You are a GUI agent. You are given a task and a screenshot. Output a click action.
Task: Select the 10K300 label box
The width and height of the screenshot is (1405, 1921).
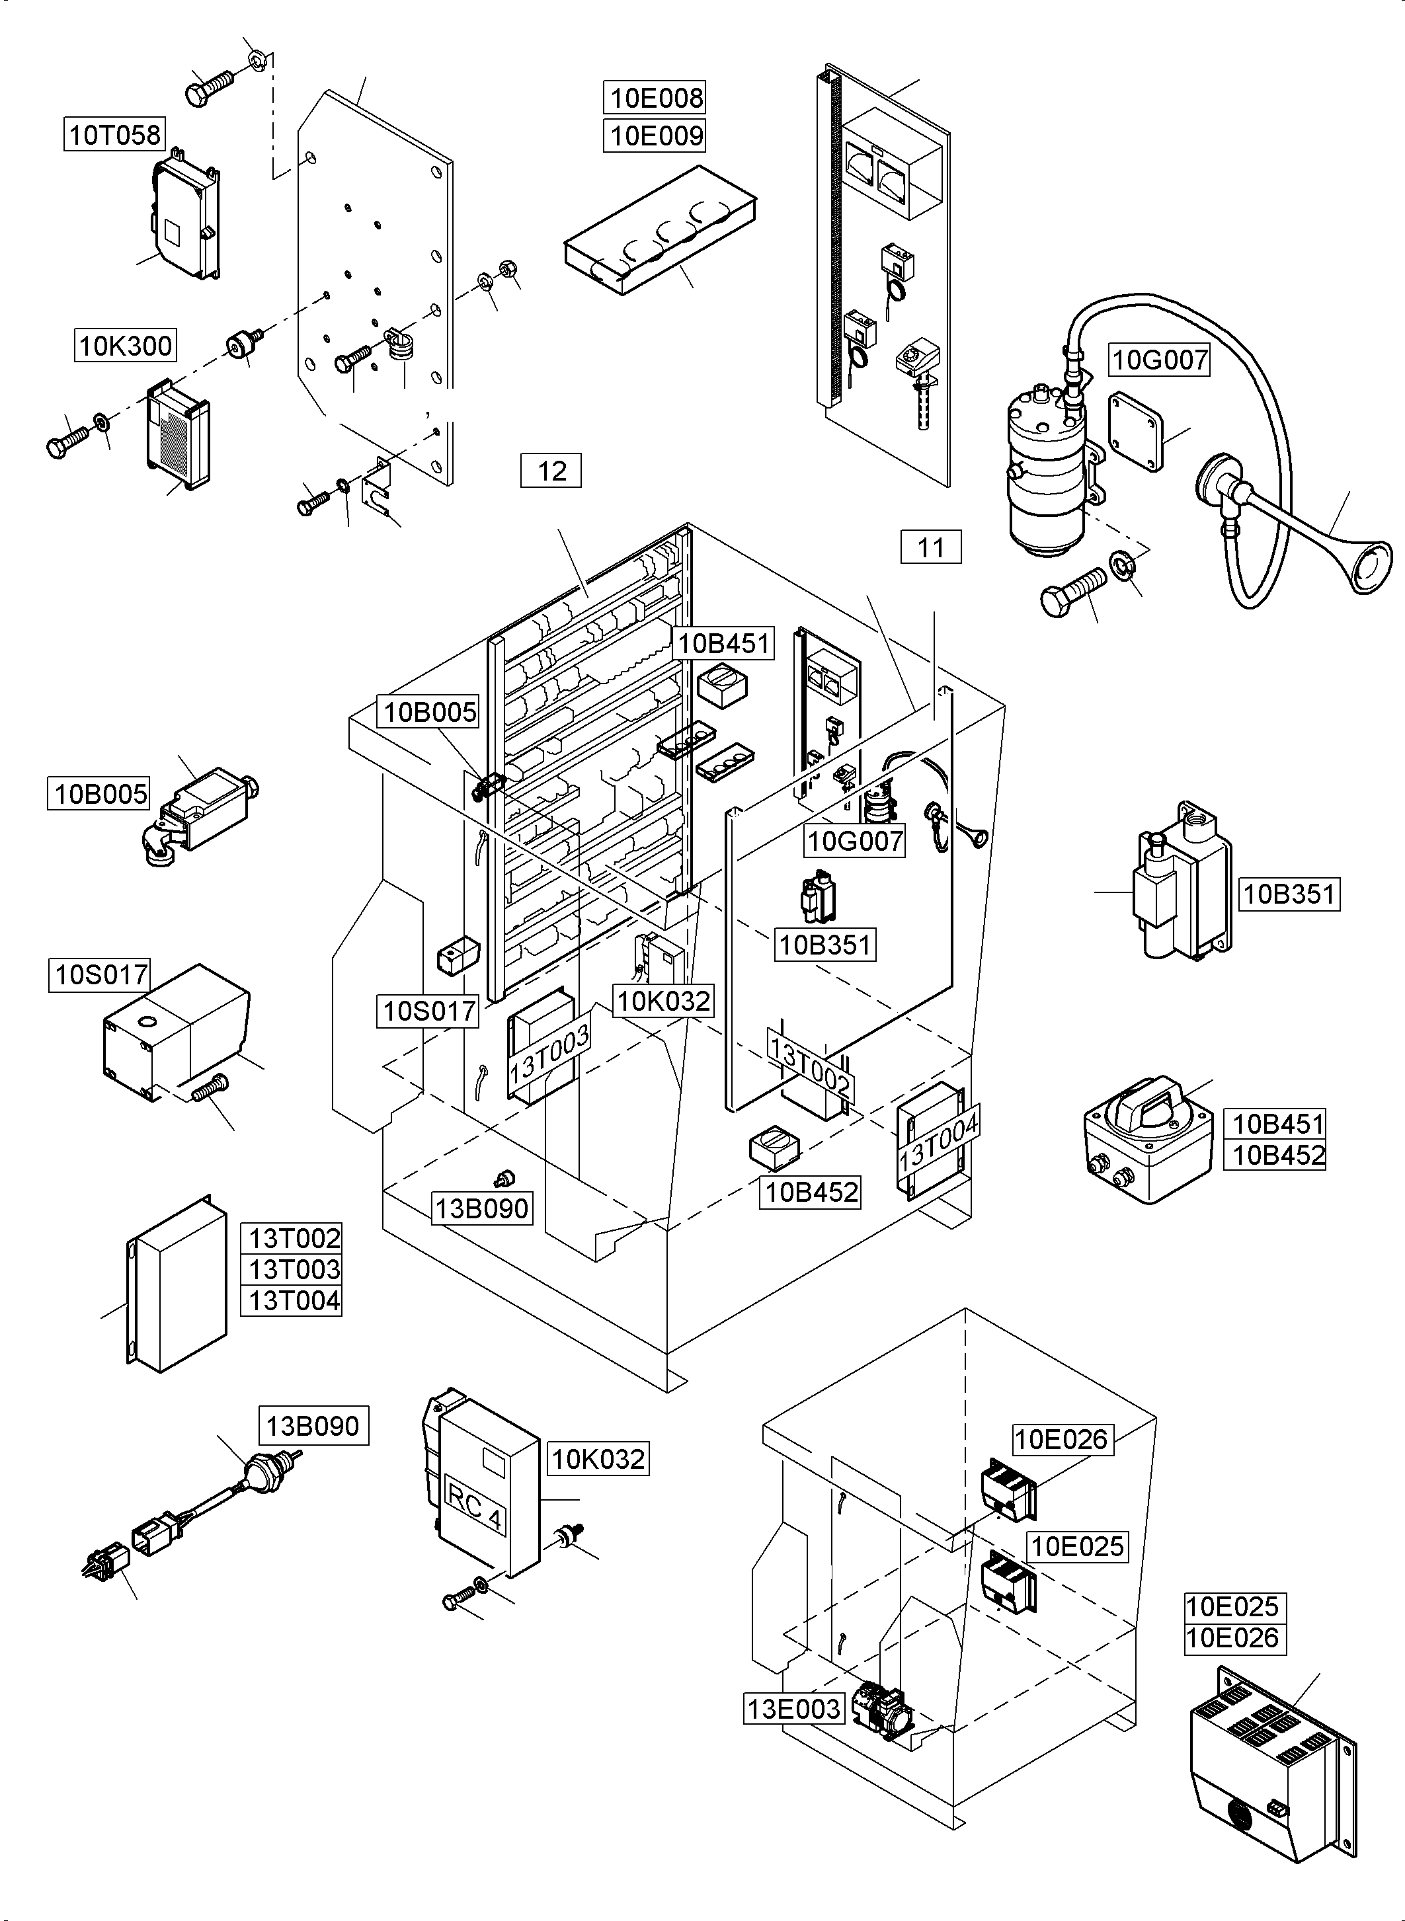coord(125,345)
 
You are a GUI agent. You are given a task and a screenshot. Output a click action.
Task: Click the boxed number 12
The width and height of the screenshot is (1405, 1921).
coord(551,470)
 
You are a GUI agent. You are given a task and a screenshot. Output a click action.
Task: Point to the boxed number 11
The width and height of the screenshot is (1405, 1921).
coord(930,547)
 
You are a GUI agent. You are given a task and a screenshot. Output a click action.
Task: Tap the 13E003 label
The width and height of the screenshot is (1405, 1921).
coord(793,1707)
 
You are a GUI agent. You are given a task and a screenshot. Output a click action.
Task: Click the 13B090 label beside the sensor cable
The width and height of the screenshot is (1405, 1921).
coord(313,1425)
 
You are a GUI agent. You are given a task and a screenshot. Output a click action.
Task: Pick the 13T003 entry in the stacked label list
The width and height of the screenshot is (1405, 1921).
coord(294,1269)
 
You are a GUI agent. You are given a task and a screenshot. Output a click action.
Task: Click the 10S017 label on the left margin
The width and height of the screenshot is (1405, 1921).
coord(100,974)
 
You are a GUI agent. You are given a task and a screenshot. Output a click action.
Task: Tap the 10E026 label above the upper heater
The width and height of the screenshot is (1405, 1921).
coord(1063,1439)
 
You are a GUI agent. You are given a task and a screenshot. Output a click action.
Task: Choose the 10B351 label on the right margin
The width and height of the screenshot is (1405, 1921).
coord(1289,894)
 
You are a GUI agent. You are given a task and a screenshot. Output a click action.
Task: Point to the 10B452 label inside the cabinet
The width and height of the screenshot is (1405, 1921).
coord(811,1191)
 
